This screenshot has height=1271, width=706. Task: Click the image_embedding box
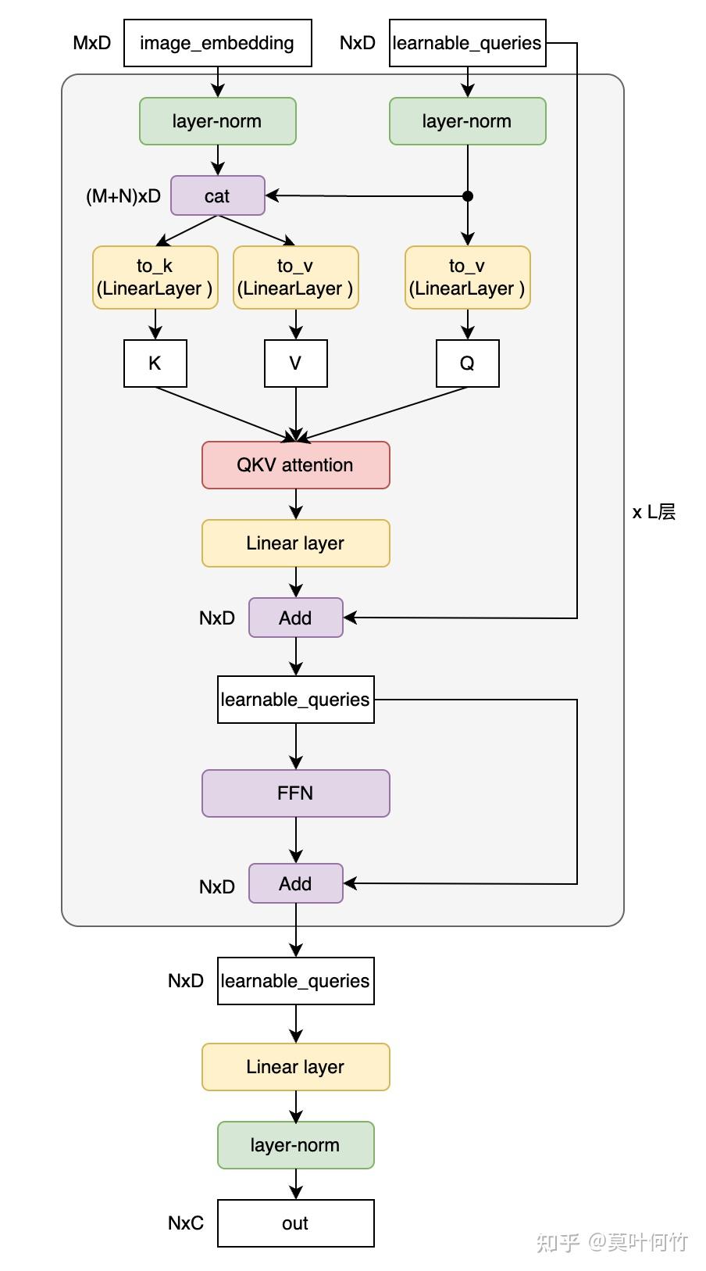(217, 43)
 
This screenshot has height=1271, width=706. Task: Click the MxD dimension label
(92, 43)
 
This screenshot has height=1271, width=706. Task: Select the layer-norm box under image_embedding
(217, 121)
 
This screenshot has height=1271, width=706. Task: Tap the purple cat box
(217, 195)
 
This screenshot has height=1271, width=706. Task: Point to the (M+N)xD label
(123, 196)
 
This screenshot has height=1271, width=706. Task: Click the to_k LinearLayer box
(155, 277)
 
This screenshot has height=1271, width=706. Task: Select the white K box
(155, 363)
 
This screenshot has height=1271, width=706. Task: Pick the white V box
(295, 363)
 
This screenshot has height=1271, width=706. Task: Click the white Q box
(467, 363)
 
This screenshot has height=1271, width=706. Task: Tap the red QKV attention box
(295, 465)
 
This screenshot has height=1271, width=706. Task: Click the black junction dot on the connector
(468, 196)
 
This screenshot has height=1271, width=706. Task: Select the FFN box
(295, 793)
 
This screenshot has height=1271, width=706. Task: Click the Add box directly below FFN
(295, 883)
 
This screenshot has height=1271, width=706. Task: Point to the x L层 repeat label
(654, 512)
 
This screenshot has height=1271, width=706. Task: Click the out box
(295, 1223)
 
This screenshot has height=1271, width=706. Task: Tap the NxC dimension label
(186, 1223)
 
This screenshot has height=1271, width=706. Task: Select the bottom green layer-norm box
(295, 1145)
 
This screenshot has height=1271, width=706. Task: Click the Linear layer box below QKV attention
(295, 543)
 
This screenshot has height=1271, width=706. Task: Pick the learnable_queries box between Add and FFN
(295, 700)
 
